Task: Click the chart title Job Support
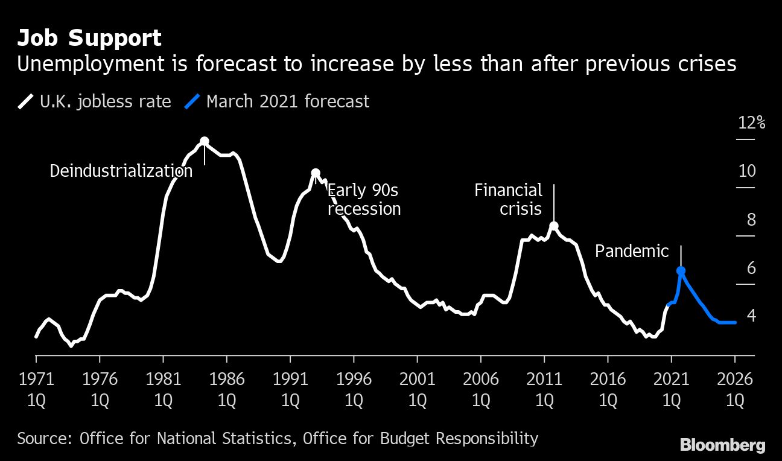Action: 89,38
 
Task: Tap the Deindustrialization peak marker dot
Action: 205,141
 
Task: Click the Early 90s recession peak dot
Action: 315,173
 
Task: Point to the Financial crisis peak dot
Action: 554,226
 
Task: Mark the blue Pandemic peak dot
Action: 681,272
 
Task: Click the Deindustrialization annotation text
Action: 121,171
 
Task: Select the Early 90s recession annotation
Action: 364,200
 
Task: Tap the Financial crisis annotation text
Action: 508,200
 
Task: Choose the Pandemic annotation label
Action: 632,251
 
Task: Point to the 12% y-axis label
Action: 752,123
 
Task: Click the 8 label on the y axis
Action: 751,220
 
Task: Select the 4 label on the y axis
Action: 751,316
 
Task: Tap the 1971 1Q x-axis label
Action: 36,389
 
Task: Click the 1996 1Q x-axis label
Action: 354,389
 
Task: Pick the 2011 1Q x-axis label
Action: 544,389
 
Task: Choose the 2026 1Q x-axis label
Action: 735,389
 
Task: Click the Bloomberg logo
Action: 723,445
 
